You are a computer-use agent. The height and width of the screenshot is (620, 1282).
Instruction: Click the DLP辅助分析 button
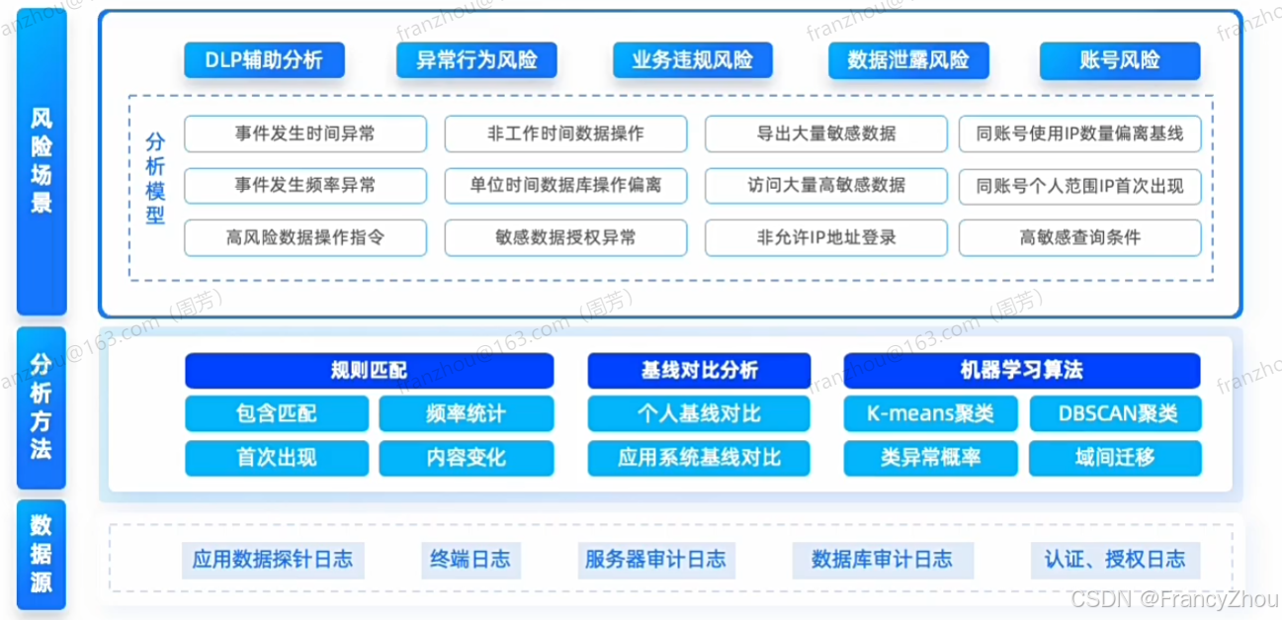[264, 60]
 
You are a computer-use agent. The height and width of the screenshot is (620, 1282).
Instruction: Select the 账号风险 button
[1119, 60]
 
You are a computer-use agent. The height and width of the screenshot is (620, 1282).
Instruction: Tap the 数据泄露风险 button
[907, 60]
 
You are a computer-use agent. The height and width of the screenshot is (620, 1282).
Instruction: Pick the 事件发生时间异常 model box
[305, 133]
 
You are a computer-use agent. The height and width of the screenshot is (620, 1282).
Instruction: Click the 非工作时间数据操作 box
[565, 133]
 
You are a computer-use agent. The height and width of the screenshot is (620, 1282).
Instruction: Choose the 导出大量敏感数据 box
[825, 133]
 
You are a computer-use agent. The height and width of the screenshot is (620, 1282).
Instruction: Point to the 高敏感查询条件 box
[1079, 237]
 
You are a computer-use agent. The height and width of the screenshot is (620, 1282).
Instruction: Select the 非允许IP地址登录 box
[825, 237]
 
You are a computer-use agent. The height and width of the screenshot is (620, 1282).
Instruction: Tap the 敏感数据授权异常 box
[565, 237]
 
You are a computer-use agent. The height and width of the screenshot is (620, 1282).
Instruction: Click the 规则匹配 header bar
[369, 371]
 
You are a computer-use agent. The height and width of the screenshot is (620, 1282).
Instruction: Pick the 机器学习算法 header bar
[1021, 371]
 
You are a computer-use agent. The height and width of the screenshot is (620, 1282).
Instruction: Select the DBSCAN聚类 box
[1115, 413]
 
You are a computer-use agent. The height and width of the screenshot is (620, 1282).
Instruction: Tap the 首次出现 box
[276, 458]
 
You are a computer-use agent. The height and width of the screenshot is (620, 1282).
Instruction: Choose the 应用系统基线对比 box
[699, 458]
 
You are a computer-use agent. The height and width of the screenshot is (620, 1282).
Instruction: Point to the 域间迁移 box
[1115, 458]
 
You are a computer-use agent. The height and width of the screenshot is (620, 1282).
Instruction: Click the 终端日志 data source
[470, 560]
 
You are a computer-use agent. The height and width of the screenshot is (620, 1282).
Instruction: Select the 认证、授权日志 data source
[1114, 560]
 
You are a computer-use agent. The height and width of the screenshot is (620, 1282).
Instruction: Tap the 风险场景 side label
[42, 161]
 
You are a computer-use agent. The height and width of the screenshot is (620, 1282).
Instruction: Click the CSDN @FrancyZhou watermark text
[1173, 599]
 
